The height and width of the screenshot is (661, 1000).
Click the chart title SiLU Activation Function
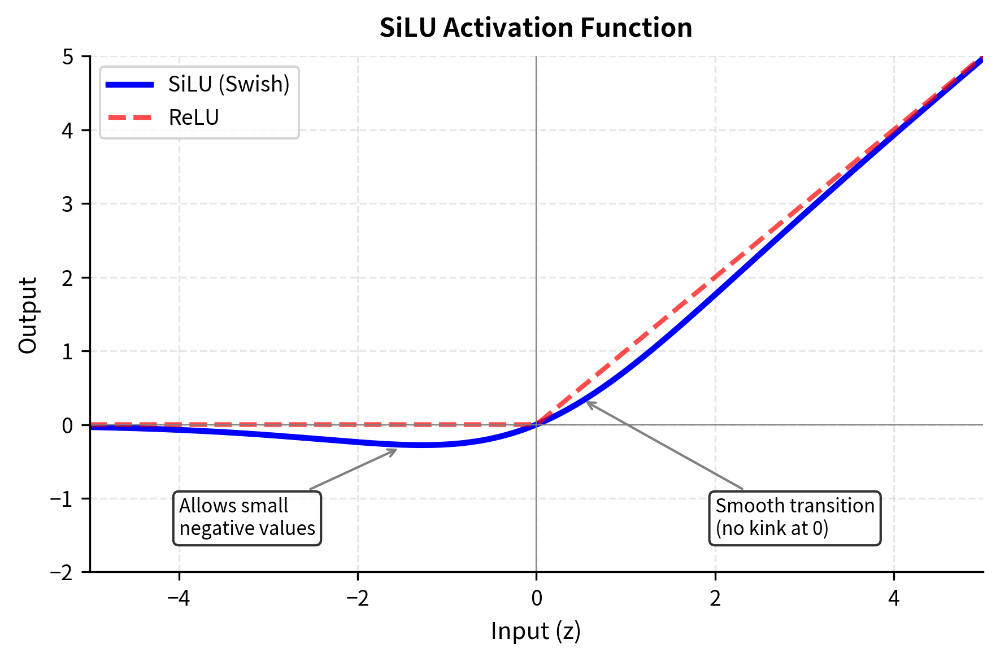[x=536, y=28]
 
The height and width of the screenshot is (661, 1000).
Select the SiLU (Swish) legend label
[x=229, y=84]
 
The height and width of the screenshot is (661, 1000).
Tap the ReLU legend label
[x=194, y=118]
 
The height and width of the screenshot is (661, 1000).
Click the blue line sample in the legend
[x=130, y=85]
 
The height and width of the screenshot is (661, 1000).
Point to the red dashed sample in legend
[x=130, y=118]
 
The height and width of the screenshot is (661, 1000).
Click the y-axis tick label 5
[x=68, y=56]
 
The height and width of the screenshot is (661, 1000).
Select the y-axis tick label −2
[x=62, y=572]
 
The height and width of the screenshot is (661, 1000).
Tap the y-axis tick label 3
[x=68, y=204]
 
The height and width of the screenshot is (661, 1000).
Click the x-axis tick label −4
[x=179, y=598]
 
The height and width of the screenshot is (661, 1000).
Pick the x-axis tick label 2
[x=715, y=598]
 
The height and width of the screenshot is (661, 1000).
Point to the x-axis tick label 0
[x=536, y=598]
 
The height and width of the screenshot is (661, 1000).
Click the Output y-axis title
[x=28, y=315]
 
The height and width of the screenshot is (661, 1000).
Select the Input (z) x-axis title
[x=536, y=631]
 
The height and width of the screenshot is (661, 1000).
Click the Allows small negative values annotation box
[x=247, y=518]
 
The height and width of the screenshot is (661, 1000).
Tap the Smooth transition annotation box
[x=794, y=518]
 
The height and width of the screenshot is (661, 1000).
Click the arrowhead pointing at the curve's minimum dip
[x=395, y=450]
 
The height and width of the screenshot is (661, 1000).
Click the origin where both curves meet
[x=536, y=425]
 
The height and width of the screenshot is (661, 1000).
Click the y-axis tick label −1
[x=62, y=499]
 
